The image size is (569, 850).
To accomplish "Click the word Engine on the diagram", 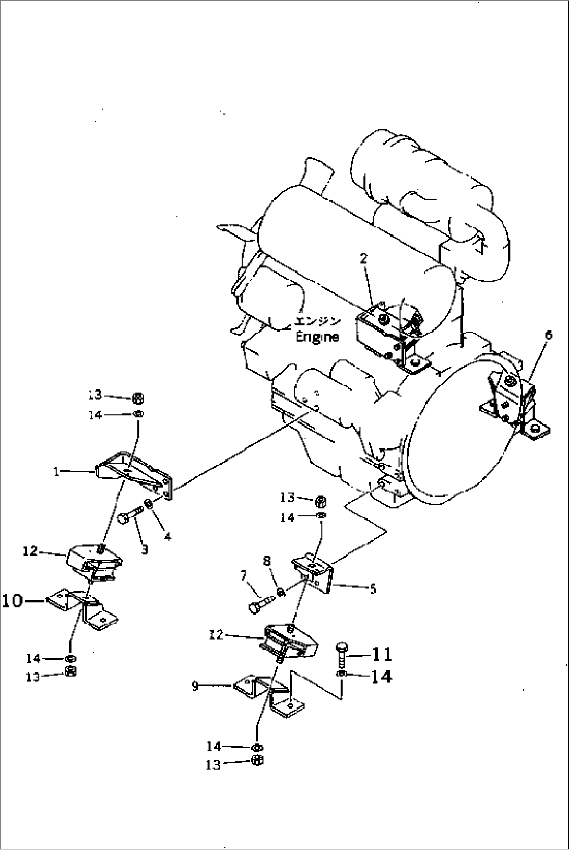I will coord(317,337).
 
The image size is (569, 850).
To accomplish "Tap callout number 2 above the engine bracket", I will coord(363,258).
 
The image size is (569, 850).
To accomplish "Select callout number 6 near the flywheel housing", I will coord(548,335).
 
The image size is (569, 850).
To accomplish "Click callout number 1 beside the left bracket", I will coord(56,471).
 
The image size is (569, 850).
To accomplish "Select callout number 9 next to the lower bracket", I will coord(195,686).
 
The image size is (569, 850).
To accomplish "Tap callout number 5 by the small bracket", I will coord(372,589).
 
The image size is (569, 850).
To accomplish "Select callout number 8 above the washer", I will coord(267,561).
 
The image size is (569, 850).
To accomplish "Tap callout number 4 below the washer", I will coord(167,536).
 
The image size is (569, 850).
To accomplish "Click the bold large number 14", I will coord(381,677).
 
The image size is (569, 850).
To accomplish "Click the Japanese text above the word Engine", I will coord(317,321).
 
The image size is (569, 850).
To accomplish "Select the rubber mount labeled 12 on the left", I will coord(94,561).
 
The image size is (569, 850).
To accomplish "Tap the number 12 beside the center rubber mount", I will coord(216,634).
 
